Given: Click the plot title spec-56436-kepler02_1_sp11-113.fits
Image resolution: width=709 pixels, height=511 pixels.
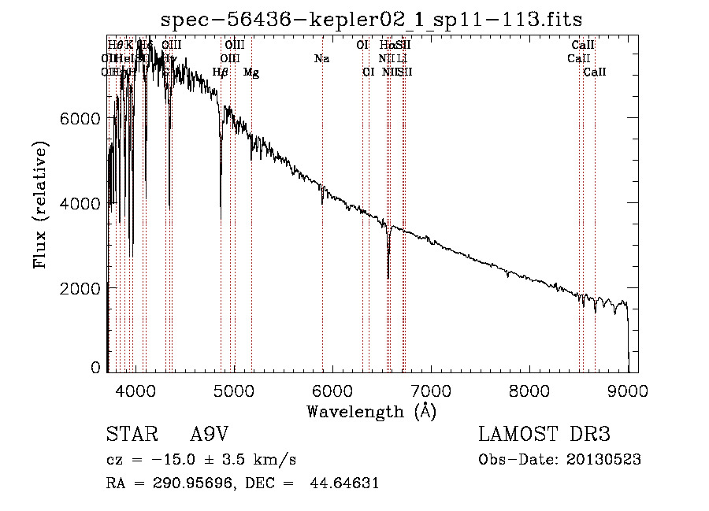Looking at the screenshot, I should coord(371,19).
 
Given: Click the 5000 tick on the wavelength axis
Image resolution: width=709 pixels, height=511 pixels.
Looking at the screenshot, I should coord(234,391).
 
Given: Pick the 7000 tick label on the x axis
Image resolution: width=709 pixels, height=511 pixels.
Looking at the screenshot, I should coord(431,391).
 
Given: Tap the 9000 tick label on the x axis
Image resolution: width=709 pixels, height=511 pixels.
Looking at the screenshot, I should coord(628,391).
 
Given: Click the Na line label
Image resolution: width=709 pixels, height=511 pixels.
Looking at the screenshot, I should coord(321,59).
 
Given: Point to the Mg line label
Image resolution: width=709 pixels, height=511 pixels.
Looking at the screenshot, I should coord(251,72).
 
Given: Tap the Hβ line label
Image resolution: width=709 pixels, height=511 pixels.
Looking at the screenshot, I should coord(221,72).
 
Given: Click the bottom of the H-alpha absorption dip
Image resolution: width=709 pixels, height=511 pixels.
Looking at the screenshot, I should coord(388,276).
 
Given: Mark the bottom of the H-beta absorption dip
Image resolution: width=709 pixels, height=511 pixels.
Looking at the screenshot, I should coord(221,216).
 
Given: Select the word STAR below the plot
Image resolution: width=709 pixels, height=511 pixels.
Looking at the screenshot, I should coord(132,435).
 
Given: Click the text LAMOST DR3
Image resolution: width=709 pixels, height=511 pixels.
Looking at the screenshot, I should coord(544,435).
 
